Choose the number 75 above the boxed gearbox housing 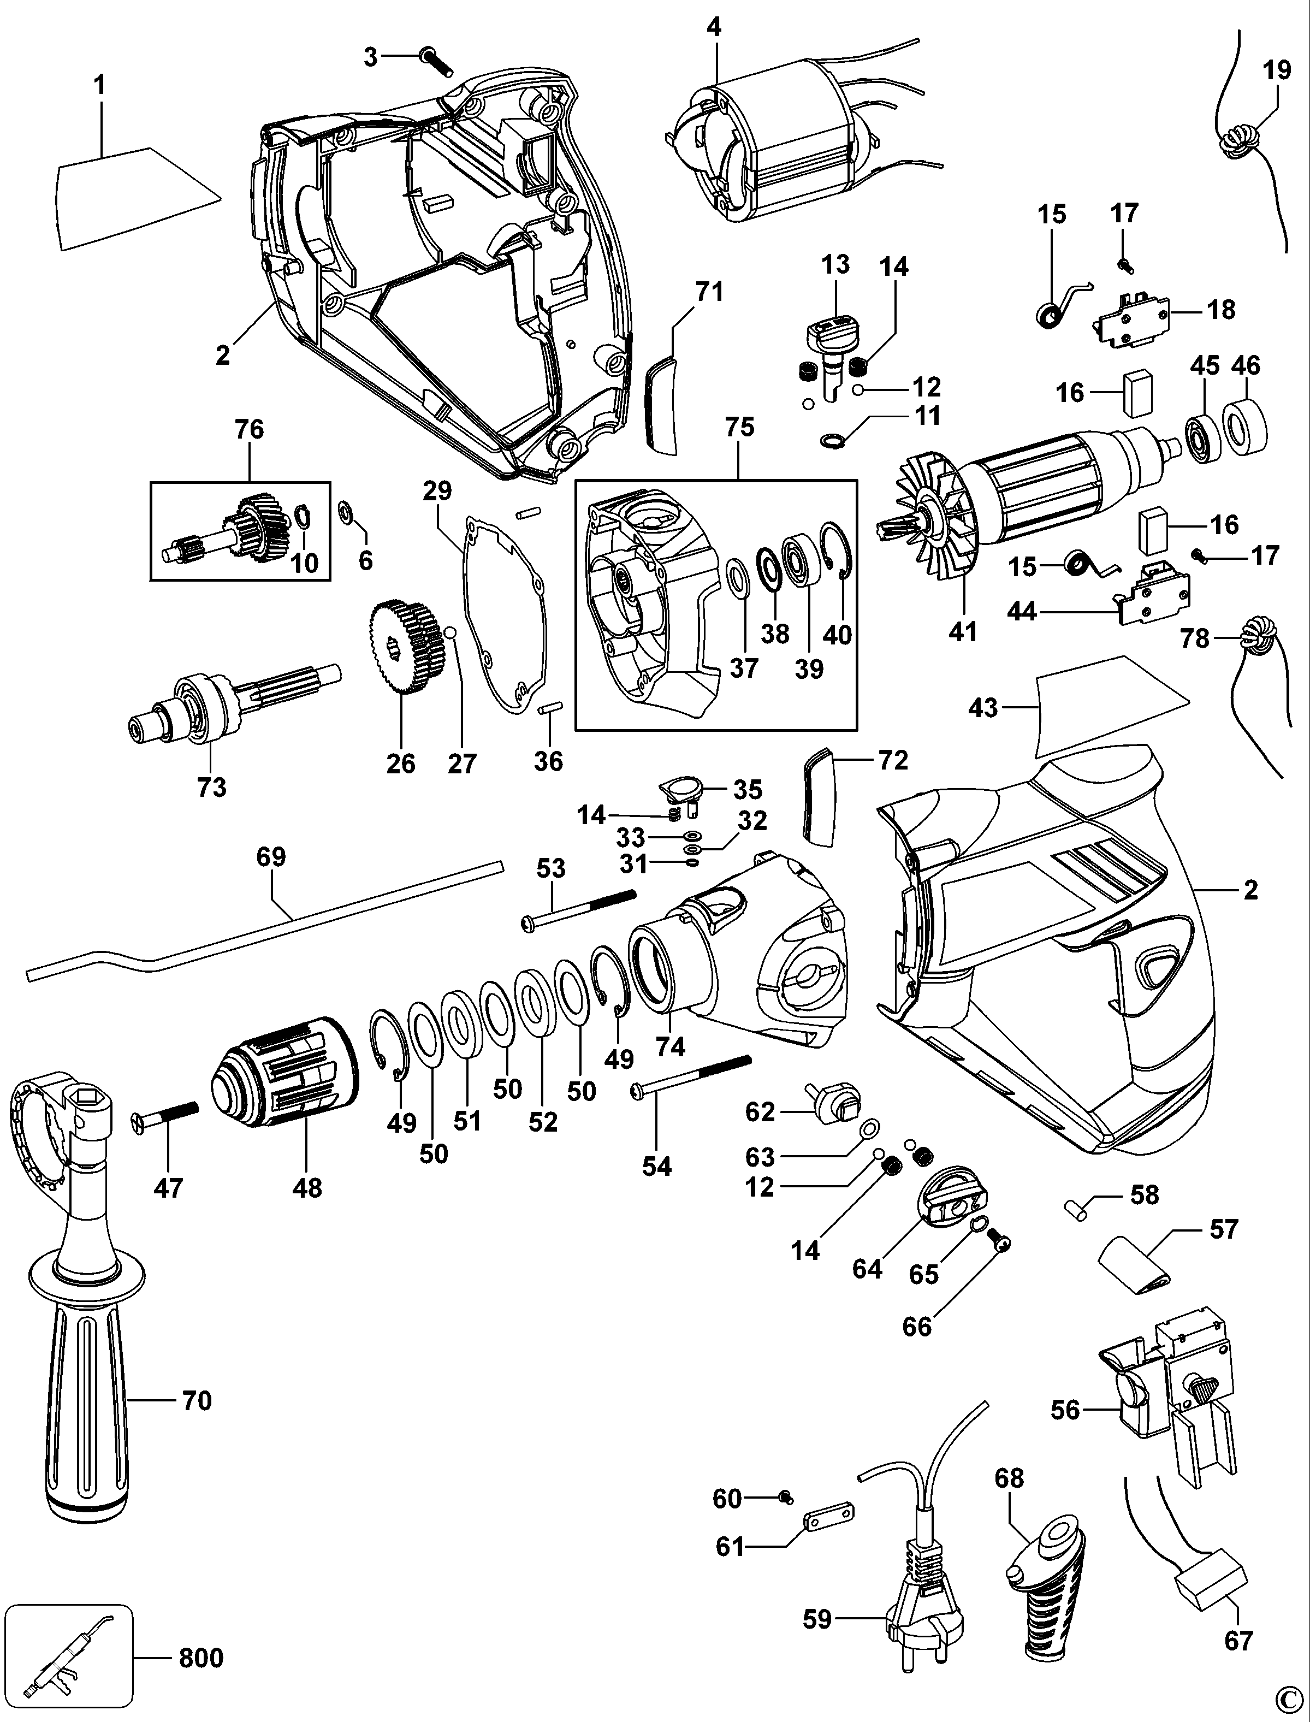(x=740, y=427)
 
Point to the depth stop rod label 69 (x=271, y=856)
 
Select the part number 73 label (x=211, y=787)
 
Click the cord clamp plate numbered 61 (x=828, y=1514)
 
